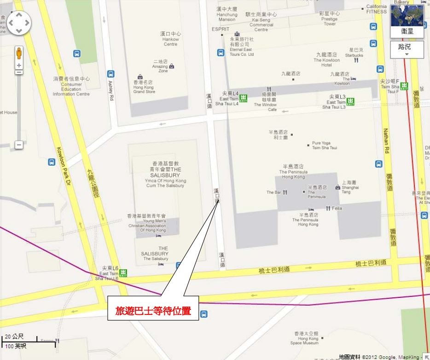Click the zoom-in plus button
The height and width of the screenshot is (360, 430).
[x=19, y=65]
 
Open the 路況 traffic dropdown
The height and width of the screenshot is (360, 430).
[x=407, y=49]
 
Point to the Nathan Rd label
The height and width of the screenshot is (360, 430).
[x=386, y=140]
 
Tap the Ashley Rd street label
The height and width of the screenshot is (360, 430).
[x=111, y=91]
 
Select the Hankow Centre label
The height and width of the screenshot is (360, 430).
[x=170, y=39]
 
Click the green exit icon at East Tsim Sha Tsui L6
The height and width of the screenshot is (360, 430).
[x=123, y=273]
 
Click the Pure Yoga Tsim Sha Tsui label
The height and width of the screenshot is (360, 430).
[x=324, y=145]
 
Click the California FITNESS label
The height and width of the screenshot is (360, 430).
[x=377, y=9]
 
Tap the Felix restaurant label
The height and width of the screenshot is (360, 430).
[x=337, y=209]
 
